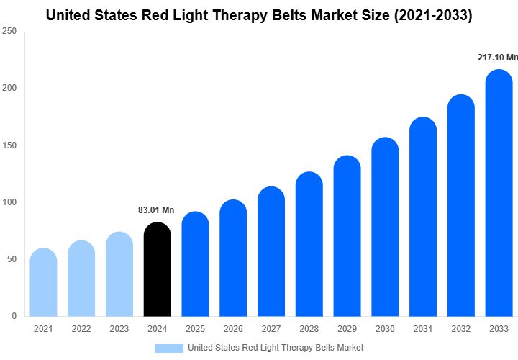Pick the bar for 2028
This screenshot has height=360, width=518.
click(x=309, y=244)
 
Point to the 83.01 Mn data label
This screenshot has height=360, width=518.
click(x=156, y=210)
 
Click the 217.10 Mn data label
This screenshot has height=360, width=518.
click(x=498, y=57)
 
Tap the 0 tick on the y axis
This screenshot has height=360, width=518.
click(x=13, y=316)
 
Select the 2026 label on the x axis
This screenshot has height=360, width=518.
click(x=233, y=329)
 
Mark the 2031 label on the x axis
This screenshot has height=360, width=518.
click(x=423, y=329)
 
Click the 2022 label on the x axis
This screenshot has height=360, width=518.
click(x=81, y=329)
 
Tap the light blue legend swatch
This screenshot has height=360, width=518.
click(x=169, y=348)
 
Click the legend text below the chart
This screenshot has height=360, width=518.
click(x=276, y=348)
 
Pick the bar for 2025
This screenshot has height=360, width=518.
click(x=195, y=264)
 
